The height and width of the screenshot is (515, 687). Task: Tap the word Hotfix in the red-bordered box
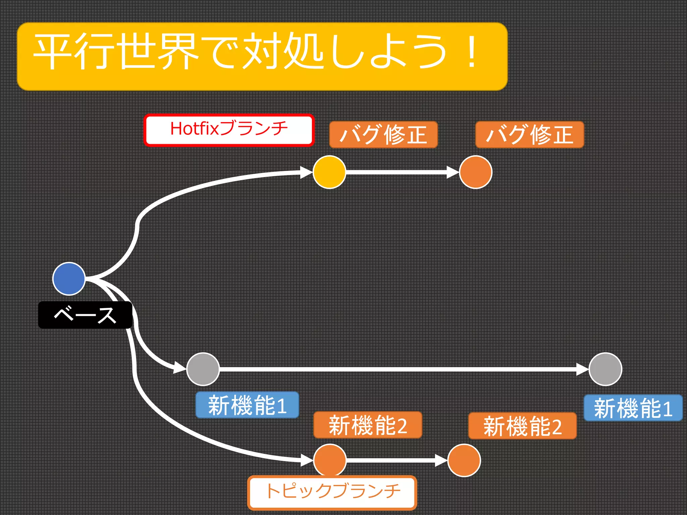194,129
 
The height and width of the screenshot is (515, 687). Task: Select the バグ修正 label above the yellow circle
383,134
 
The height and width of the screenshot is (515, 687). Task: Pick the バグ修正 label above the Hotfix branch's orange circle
530,134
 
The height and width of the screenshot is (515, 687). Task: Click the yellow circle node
329,172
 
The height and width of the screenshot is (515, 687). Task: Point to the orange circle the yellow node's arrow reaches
475,172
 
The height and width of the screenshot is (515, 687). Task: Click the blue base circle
69,279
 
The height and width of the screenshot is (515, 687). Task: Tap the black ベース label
85,315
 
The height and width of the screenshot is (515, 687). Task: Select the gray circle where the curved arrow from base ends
203,369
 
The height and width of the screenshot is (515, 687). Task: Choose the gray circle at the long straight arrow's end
605,369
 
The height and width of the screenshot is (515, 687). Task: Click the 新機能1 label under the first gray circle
247,405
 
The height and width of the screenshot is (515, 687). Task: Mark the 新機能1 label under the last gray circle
633,408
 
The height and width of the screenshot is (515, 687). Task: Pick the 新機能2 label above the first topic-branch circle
368,425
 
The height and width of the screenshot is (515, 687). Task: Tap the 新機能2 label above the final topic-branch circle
522,426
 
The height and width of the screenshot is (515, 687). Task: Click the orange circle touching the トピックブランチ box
330,460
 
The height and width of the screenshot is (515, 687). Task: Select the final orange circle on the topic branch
464,460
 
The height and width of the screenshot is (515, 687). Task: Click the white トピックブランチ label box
332,492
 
